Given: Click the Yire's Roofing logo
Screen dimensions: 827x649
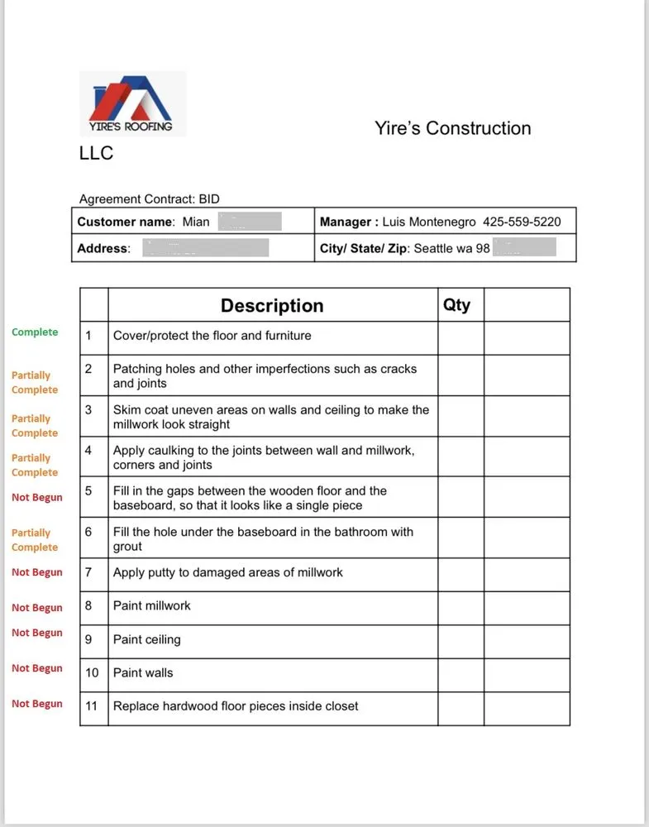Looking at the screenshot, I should click(132, 103).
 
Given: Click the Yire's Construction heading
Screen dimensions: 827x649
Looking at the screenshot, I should click(452, 128).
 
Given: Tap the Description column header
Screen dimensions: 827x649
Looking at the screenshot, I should click(271, 305).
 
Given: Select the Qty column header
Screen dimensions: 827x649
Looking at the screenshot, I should click(456, 304).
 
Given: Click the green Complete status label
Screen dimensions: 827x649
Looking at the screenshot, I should click(35, 332).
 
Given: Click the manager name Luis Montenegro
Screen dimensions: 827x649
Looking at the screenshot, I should click(429, 222).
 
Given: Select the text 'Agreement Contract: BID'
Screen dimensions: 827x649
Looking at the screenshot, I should click(149, 198).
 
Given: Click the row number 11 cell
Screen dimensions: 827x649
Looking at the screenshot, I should click(93, 706).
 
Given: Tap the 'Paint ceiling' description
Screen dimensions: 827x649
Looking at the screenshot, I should click(146, 639).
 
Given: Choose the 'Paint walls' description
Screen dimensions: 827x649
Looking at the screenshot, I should click(143, 673).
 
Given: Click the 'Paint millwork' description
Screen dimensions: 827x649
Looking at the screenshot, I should click(151, 605).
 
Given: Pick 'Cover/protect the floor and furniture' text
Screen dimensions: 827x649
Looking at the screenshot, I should click(212, 336).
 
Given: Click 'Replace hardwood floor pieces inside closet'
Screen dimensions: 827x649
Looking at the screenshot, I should click(236, 706).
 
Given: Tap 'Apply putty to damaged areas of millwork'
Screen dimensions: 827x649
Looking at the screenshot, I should click(227, 572).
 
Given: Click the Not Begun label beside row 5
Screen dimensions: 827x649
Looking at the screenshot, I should click(37, 498).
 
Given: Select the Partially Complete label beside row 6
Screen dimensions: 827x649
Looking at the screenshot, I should click(35, 540).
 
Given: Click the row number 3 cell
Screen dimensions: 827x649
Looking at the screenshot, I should click(88, 409).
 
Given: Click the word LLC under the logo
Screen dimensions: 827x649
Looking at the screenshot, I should click(96, 153).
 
